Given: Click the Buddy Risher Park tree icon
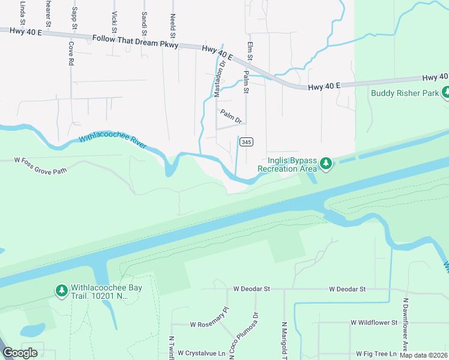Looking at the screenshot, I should click(x=446, y=93).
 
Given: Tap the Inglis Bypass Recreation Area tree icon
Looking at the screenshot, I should click(x=325, y=163).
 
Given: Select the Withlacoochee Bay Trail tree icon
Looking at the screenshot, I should click(x=61, y=291).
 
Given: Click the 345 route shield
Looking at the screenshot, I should click(x=246, y=142).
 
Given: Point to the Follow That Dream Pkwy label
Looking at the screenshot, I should click(x=135, y=40).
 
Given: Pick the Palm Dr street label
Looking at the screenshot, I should click(x=231, y=116).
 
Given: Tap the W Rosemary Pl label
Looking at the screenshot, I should click(x=209, y=317).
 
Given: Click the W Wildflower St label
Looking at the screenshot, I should click(x=374, y=322).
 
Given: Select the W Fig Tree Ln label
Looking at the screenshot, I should click(x=377, y=354).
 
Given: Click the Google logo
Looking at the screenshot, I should click(x=20, y=353).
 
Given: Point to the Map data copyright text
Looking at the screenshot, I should click(x=424, y=355).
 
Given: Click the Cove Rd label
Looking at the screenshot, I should click(x=71, y=53).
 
